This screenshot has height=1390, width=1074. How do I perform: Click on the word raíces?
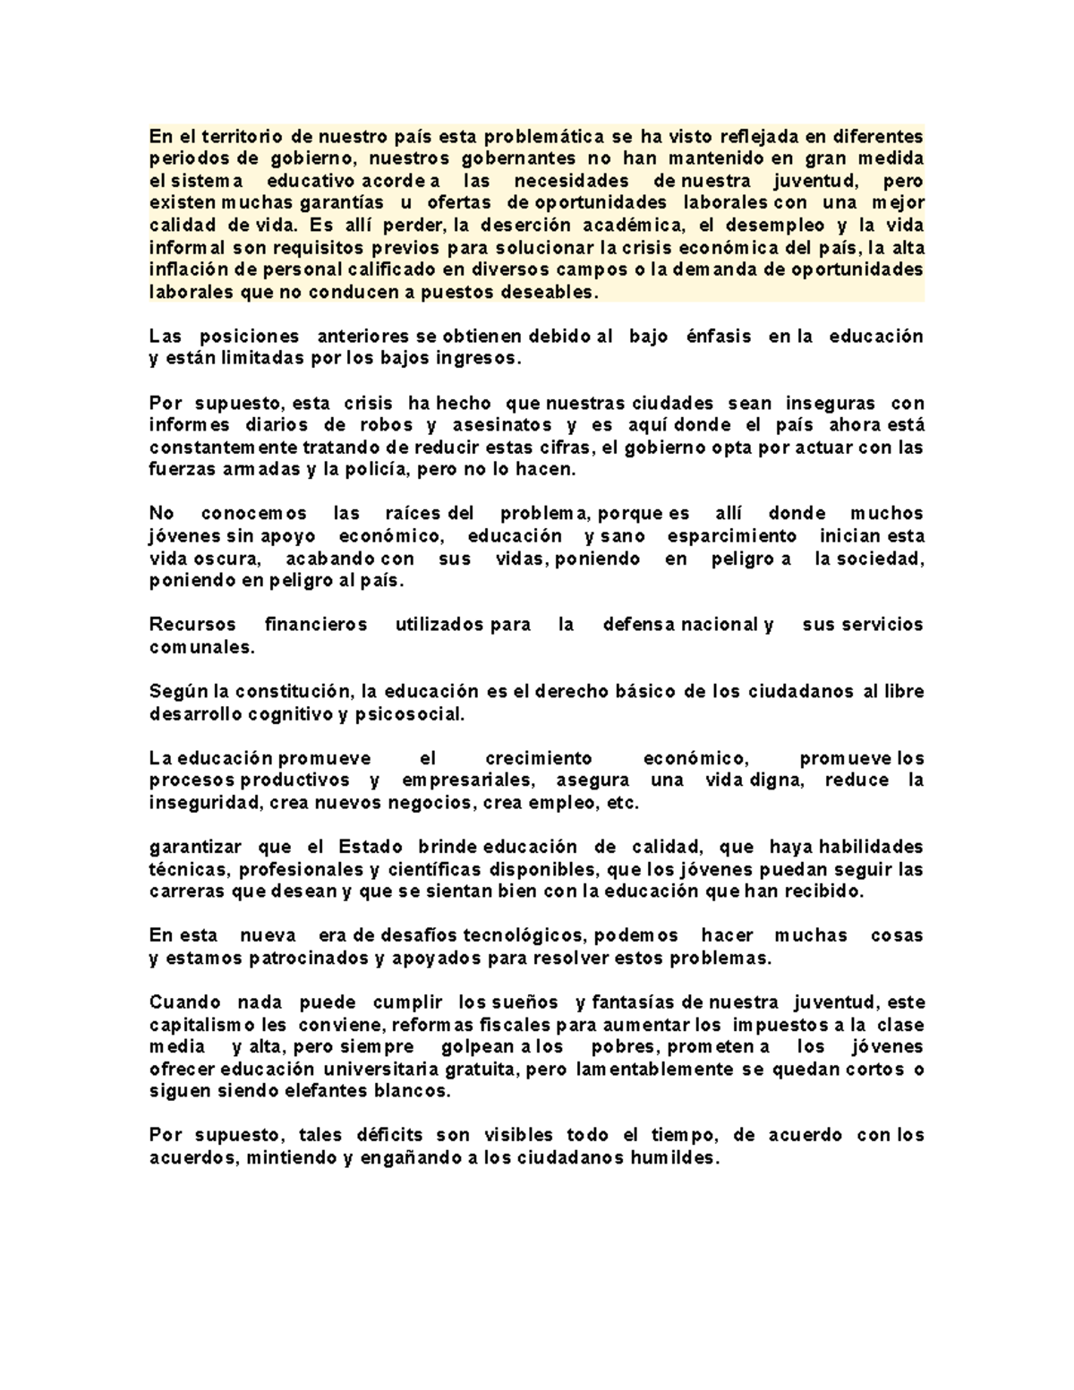pos(412,514)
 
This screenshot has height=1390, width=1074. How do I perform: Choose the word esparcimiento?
pos(731,536)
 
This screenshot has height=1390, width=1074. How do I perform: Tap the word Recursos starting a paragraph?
pos(192,625)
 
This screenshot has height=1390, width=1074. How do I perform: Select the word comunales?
pos(201,647)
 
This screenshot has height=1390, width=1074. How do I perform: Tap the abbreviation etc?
pos(623,803)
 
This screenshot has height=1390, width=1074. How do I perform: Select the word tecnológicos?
pos(523,935)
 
